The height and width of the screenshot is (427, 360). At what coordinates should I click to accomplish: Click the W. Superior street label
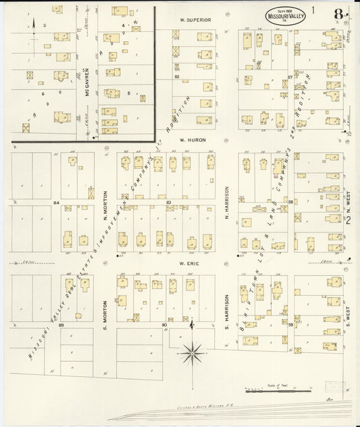click(195, 20)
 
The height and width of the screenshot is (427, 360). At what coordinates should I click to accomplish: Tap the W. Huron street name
click(192, 141)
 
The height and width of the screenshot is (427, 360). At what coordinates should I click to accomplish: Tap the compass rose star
click(193, 350)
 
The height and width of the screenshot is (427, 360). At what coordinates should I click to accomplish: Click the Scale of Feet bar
click(278, 390)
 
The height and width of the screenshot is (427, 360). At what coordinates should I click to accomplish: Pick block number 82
click(177, 77)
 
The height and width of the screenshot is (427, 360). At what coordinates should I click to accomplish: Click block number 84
click(57, 202)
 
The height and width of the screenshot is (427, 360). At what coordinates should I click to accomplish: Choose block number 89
click(61, 326)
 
